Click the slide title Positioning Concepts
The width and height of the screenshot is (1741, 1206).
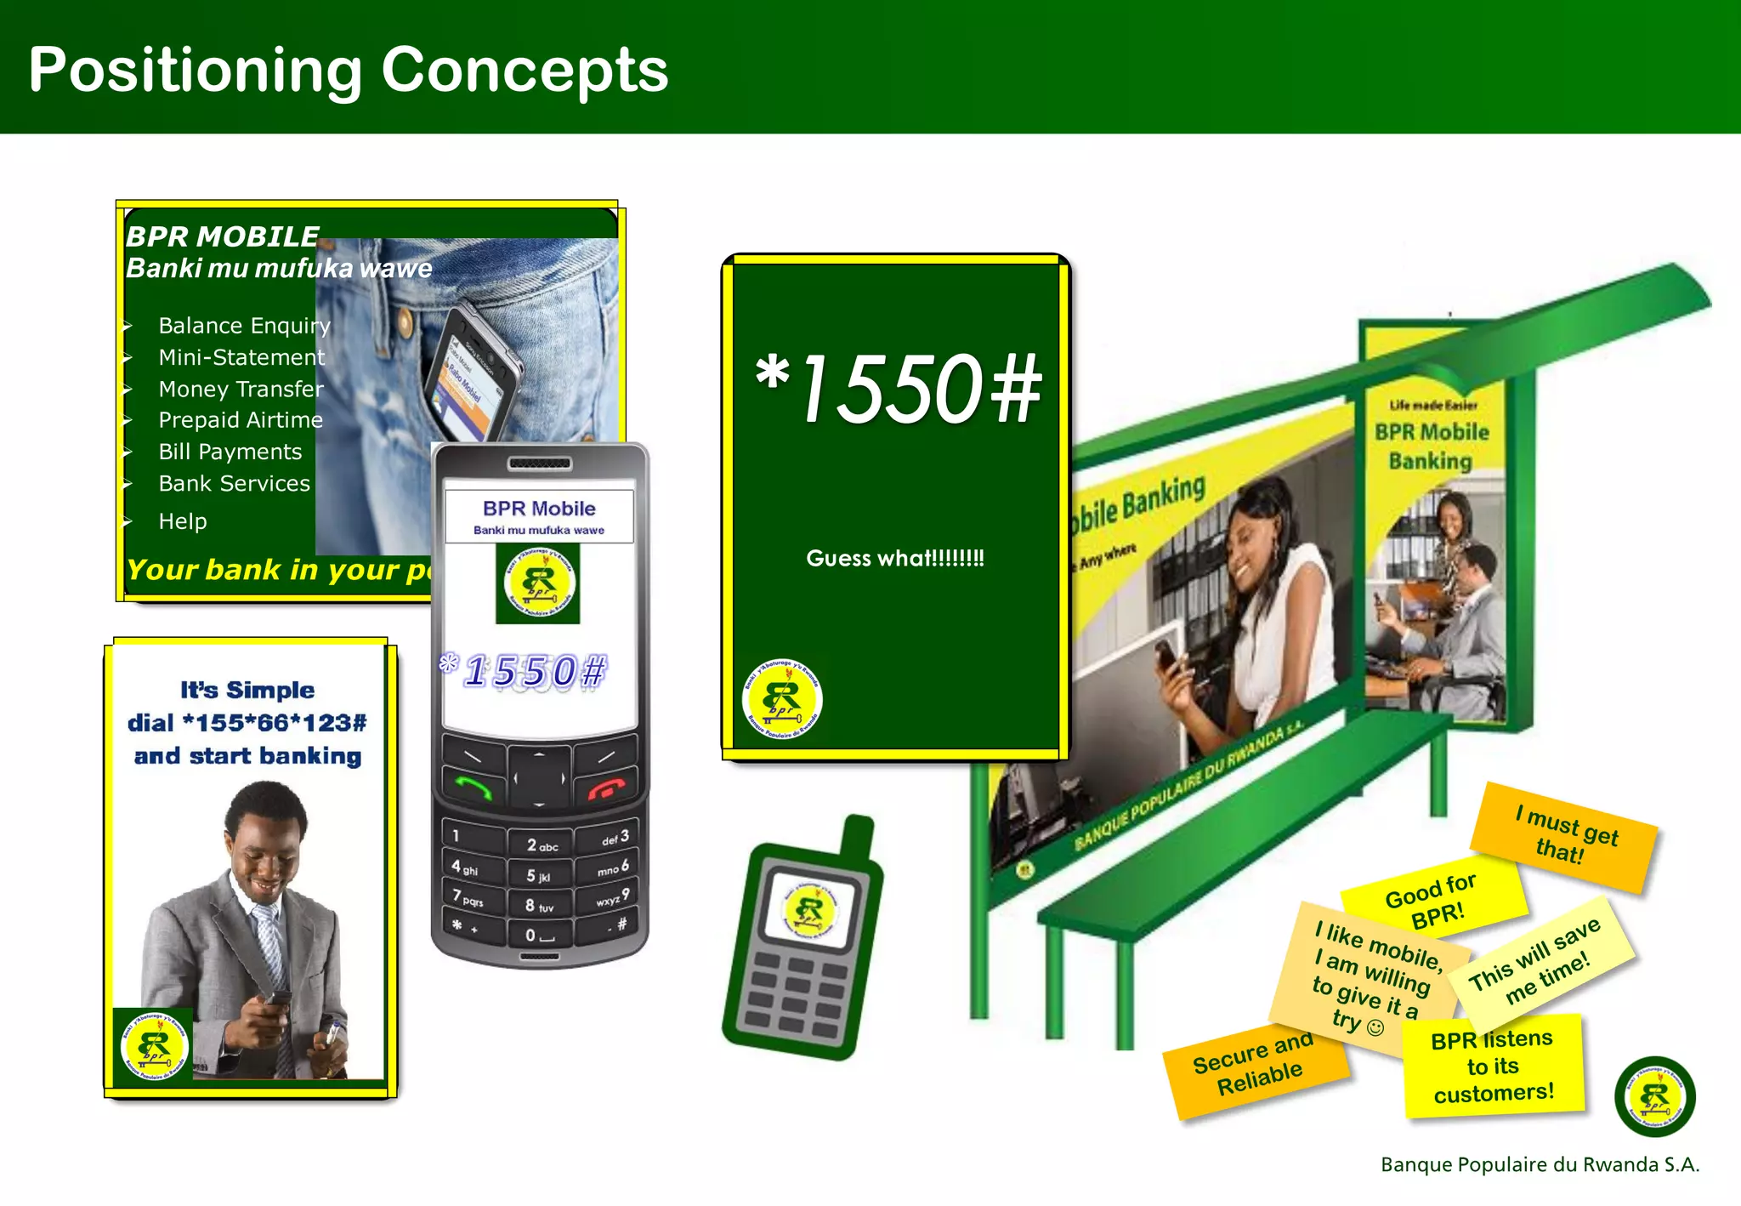pos(349,70)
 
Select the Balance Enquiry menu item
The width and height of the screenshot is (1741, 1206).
pos(244,326)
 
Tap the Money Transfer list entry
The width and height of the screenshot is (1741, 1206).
pos(241,390)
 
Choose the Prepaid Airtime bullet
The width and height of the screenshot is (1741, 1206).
pos(241,420)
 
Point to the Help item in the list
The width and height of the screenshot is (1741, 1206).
pos(183,521)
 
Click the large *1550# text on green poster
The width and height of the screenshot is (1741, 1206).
pos(898,390)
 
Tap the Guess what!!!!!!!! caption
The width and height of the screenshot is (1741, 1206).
pos(895,559)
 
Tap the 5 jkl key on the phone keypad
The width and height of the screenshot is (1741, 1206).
pos(538,876)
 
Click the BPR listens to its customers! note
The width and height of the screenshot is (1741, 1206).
pos(1494,1067)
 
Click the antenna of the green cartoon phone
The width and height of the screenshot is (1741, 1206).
pos(857,837)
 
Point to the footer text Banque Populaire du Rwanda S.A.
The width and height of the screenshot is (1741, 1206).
pos(1540,1164)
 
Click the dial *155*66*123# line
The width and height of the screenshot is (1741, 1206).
pos(247,723)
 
